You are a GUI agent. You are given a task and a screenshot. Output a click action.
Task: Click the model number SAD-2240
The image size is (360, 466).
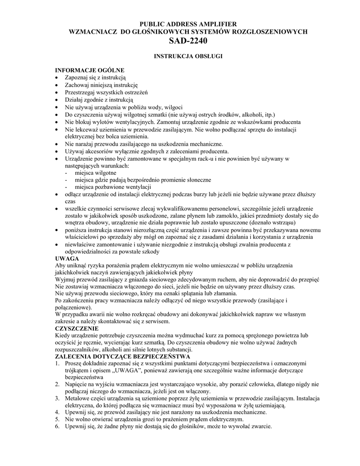point(187,41)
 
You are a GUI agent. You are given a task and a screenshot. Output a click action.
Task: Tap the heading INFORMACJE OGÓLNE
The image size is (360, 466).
point(90,71)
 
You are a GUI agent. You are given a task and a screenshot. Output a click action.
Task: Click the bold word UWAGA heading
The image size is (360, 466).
point(67,258)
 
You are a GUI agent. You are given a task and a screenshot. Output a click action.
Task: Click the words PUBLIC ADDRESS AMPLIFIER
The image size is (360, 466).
point(188,23)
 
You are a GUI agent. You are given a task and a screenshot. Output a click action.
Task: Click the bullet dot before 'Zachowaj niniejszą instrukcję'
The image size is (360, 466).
point(56,85)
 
